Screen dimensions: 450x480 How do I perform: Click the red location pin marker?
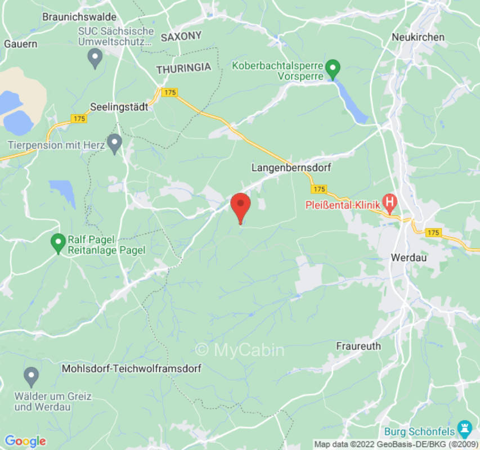(x=241, y=206)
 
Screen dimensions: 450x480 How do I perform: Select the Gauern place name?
(x=20, y=43)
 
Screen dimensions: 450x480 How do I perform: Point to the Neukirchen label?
(x=418, y=37)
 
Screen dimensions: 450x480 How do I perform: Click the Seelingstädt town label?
(x=119, y=106)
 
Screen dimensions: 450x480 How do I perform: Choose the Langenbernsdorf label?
(x=291, y=168)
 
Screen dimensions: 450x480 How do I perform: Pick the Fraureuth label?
(x=358, y=346)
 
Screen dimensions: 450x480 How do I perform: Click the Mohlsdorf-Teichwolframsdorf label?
(x=131, y=369)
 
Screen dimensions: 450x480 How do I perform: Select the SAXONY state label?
(x=181, y=37)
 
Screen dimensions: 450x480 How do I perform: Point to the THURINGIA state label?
(x=183, y=68)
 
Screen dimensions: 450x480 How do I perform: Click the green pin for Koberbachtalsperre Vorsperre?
(x=333, y=69)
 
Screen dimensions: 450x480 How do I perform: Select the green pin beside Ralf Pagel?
(x=57, y=243)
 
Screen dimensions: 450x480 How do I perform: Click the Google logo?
(x=25, y=441)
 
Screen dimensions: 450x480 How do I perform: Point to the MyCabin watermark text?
(x=240, y=350)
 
